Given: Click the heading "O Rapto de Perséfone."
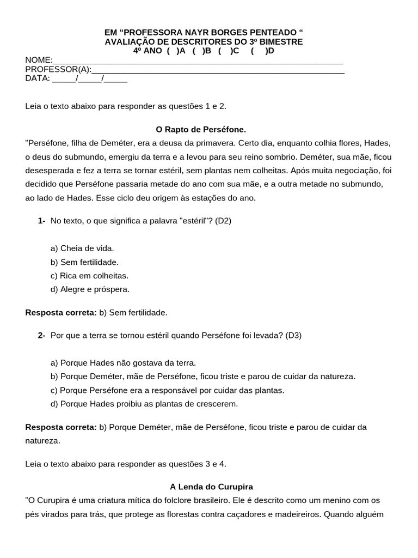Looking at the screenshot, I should pos(201,130).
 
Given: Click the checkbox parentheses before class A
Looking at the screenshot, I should pos(171,51).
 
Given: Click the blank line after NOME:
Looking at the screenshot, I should pos(198,60).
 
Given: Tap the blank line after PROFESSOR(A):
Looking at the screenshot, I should pos(218,69).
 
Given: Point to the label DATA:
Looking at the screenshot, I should pos(38,78).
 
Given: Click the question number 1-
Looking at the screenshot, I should pos(41,221).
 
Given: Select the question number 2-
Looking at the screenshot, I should pos(41,335).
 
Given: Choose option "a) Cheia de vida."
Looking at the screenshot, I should pos(82,248).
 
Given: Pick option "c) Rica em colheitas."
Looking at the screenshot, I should pos(89,275).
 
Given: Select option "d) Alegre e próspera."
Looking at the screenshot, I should pos(90,289).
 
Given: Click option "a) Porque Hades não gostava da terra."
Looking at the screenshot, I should pos(123,362).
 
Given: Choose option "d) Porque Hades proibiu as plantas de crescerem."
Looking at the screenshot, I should pos(144,404).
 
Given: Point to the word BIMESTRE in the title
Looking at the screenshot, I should pos(280,41).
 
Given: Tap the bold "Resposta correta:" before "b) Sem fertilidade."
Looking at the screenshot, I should pos(61,312).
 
